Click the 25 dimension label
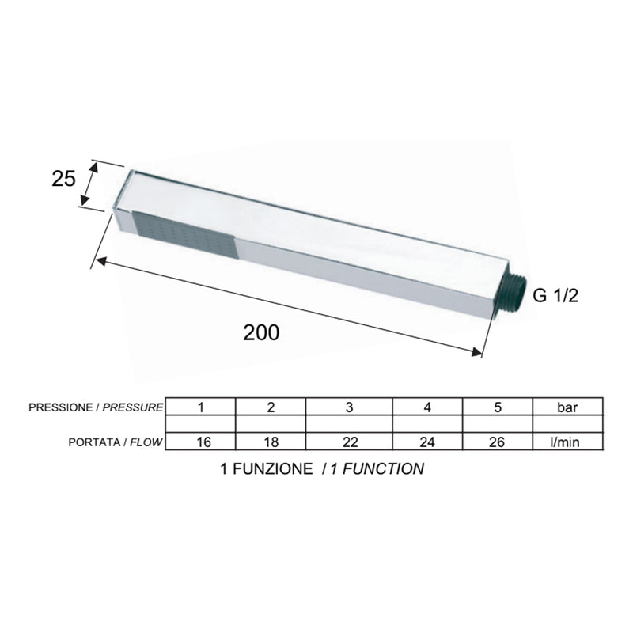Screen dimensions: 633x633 (x=63, y=179)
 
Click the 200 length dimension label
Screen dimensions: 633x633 (x=261, y=332)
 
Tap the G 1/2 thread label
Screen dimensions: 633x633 (x=555, y=295)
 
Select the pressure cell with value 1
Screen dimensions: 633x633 (x=201, y=407)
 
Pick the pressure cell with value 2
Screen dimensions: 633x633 (x=271, y=407)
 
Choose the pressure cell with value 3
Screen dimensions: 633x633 (x=349, y=407)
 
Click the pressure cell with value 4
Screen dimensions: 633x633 (x=427, y=407)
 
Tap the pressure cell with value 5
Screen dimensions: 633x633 (x=498, y=407)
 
